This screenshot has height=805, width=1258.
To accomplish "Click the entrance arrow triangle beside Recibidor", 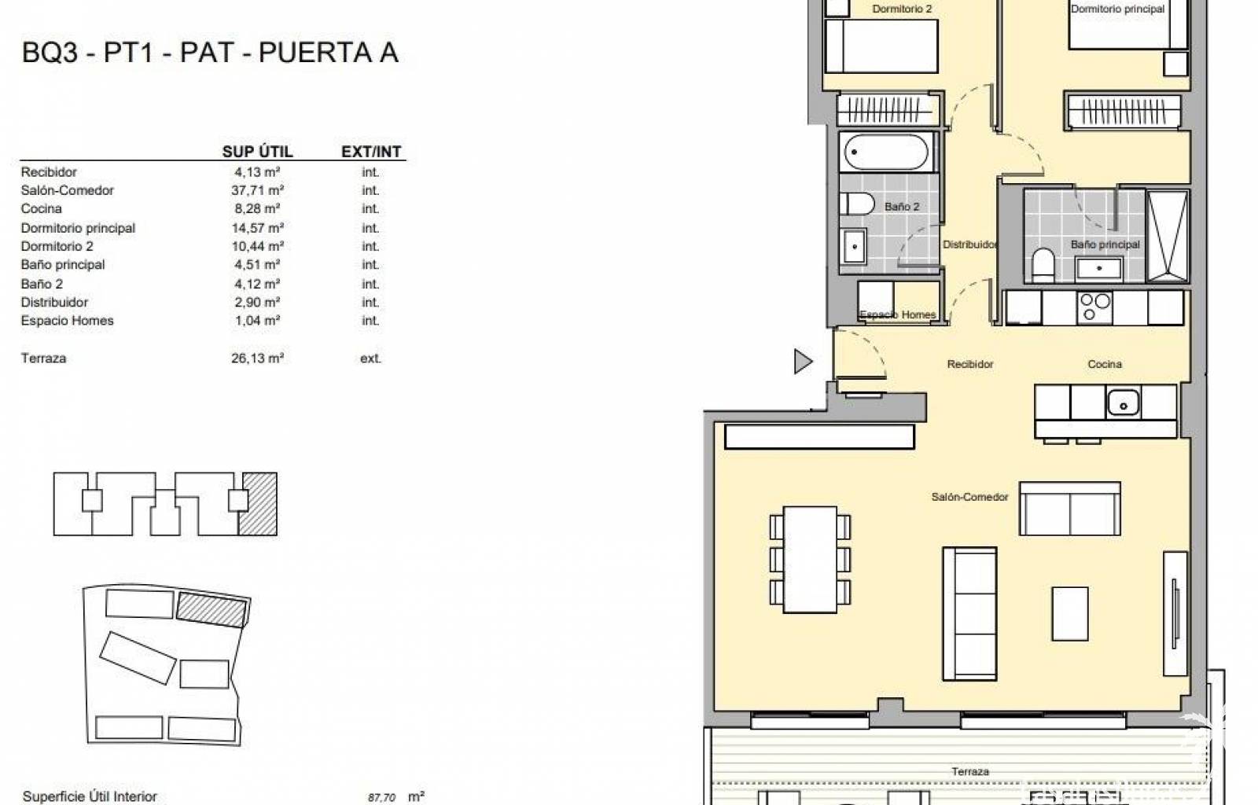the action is point(803,361).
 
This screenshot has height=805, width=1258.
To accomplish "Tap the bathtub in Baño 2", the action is point(886,152).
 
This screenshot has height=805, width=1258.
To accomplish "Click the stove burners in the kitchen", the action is point(1094,307).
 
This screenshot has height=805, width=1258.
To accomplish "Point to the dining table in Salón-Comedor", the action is point(810,559).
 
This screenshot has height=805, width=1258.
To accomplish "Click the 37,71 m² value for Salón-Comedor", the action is point(257,190).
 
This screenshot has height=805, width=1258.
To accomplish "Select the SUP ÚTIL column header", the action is point(257,152).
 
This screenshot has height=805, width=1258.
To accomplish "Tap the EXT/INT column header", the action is point(371,152).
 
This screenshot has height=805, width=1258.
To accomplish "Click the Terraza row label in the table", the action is point(43,358).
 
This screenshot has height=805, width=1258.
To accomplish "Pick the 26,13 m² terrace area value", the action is point(257,358).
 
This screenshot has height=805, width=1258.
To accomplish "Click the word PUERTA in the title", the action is point(316,52).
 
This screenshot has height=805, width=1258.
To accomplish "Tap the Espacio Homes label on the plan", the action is point(897,314).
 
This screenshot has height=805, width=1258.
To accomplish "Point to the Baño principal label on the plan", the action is point(1105,244).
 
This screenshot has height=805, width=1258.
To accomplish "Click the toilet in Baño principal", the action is point(1043,265).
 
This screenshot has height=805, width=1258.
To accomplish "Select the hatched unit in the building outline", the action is point(258,504).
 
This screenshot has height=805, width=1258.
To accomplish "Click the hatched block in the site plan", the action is point(212,609).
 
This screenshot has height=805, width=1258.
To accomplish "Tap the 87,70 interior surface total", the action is point(382,797).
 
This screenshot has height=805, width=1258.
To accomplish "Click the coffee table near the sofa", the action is point(1070,613).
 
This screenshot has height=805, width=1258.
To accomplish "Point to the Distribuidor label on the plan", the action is point(970,244).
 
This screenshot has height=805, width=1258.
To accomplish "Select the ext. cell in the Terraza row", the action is point(370,358).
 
